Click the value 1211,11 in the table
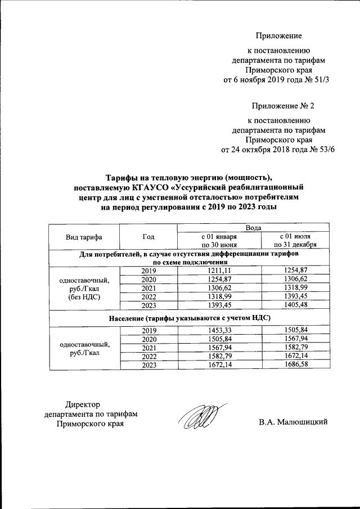click(x=219, y=271)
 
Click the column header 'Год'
click(x=149, y=237)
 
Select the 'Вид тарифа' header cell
click(x=84, y=237)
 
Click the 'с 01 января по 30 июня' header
click(x=219, y=241)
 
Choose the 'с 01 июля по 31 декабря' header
click(x=295, y=241)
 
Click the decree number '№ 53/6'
click(x=315, y=150)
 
